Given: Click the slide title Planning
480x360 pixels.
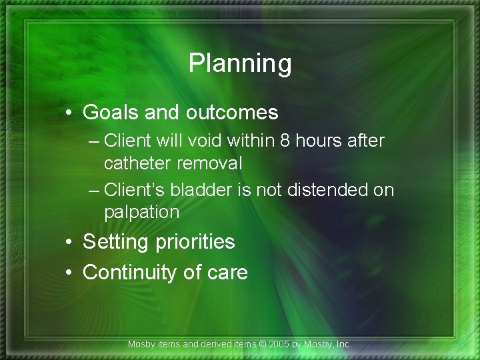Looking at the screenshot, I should pyautogui.click(x=240, y=64).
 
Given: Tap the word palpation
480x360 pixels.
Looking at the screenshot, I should pyautogui.click(x=142, y=213).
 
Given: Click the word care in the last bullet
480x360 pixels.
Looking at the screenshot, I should pyautogui.click(x=227, y=273).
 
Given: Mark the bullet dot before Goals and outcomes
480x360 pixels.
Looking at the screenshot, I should pyautogui.click(x=70, y=113).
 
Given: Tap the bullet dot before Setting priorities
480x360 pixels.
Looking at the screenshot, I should pyautogui.click(x=70, y=241).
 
